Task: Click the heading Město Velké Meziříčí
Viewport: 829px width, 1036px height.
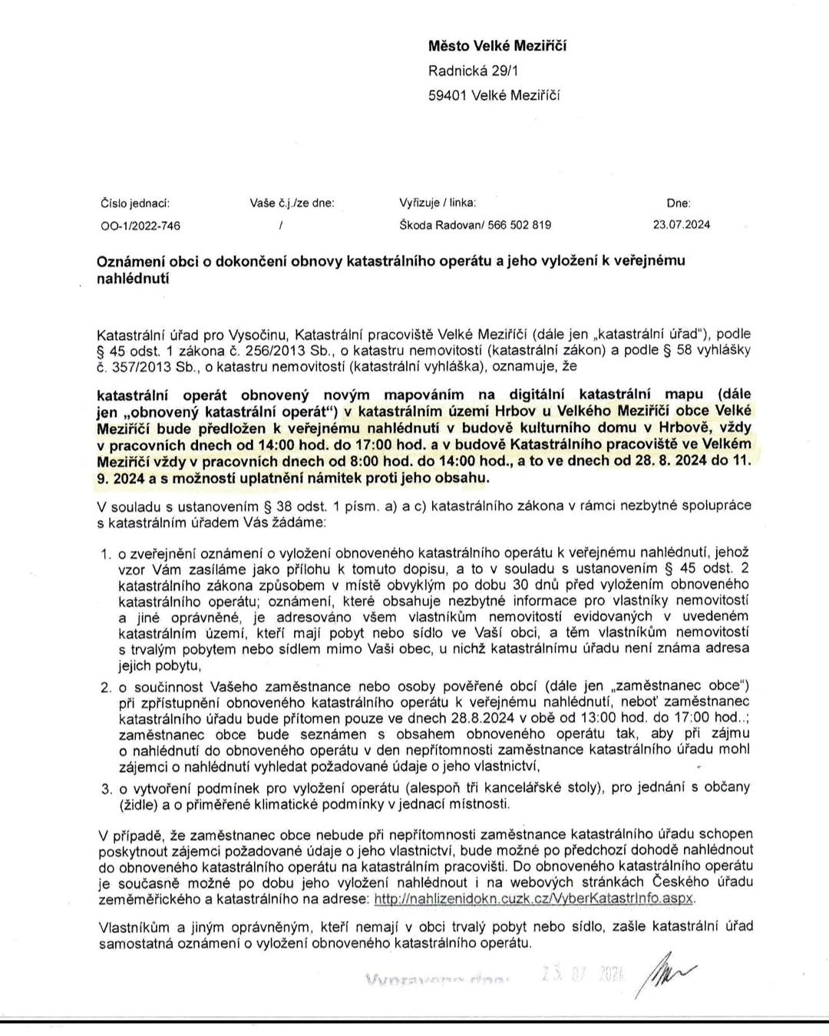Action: (497, 46)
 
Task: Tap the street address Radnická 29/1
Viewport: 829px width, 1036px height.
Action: (474, 71)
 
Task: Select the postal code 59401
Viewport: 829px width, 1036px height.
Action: (446, 95)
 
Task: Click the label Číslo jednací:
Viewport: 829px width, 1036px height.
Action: (135, 203)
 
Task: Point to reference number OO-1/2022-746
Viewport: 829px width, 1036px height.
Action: (140, 226)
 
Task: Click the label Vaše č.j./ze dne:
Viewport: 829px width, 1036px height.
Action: (292, 203)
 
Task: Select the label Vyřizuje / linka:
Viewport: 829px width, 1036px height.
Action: (438, 203)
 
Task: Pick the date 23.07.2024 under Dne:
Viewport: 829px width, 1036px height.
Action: (681, 225)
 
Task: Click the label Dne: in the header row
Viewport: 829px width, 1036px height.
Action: (679, 203)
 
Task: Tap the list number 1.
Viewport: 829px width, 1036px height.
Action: (106, 553)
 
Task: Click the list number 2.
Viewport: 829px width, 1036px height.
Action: (106, 685)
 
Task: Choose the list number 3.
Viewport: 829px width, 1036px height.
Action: (106, 788)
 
